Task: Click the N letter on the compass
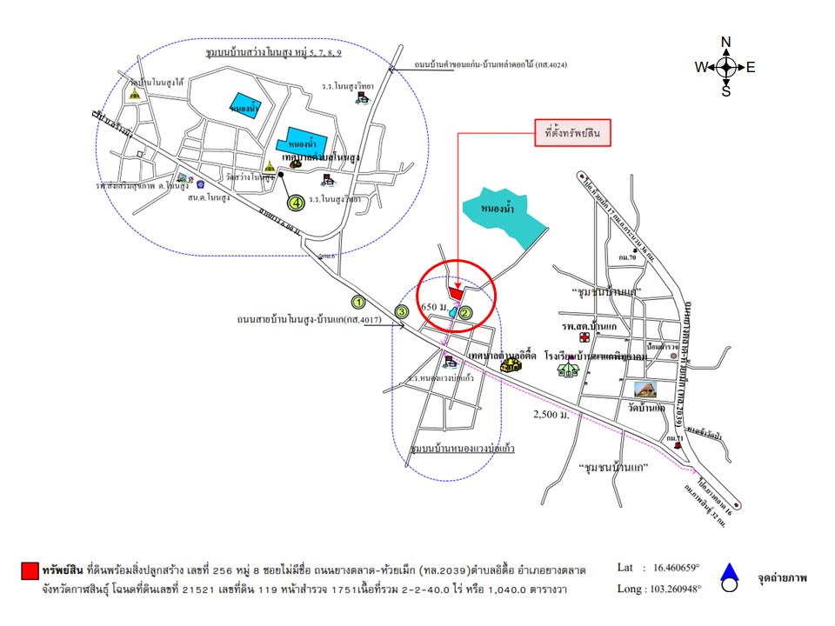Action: [x=726, y=42]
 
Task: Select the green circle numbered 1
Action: [x=357, y=302]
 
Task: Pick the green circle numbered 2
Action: [x=465, y=313]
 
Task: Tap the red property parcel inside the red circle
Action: [x=456, y=292]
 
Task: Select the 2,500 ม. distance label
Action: [x=552, y=416]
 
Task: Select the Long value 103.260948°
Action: [x=674, y=589]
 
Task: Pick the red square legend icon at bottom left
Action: [x=29, y=570]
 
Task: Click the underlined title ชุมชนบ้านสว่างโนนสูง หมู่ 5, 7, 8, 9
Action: [x=272, y=54]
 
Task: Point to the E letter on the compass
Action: [x=751, y=67]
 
